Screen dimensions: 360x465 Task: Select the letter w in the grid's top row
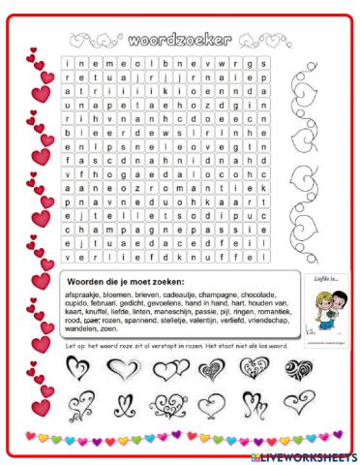click(225, 64)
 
